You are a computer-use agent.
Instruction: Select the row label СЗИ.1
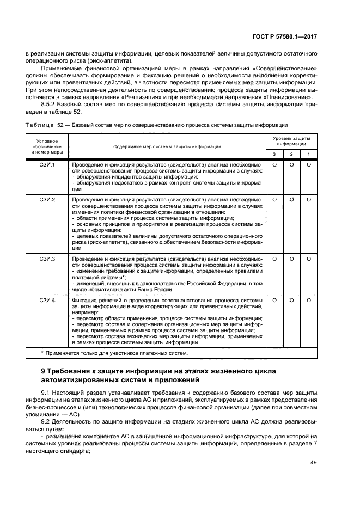coord(47,164)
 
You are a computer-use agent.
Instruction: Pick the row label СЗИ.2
coord(47,200)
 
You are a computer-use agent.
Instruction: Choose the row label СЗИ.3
coord(47,259)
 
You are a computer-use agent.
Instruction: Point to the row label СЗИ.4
coord(47,300)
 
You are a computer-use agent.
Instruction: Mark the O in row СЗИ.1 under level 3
coord(274,164)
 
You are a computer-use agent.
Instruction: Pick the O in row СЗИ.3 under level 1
coord(308,259)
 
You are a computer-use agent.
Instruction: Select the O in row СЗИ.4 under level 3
coord(274,300)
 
